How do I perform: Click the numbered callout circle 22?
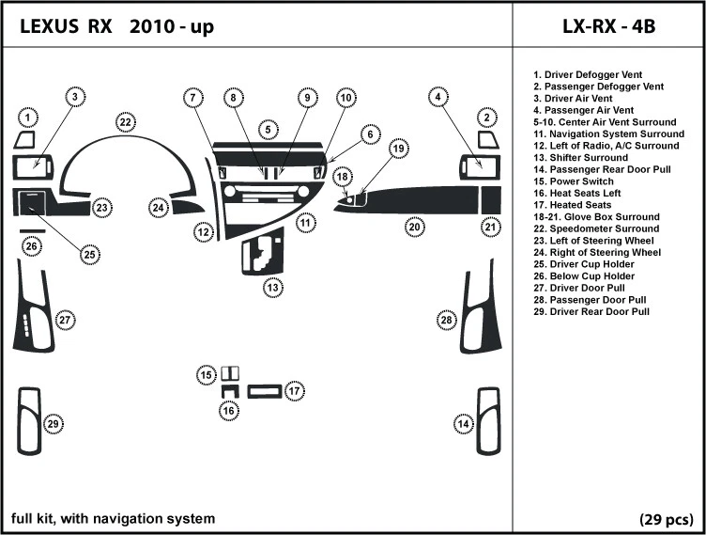point(125,122)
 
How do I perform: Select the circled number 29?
point(54,424)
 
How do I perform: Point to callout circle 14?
point(464,424)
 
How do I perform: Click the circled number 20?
point(414,226)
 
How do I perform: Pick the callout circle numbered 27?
point(64,321)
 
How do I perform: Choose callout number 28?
point(446,321)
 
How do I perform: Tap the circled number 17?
point(294,390)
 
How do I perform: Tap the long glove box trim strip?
point(422,199)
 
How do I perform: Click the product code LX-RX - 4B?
point(607,26)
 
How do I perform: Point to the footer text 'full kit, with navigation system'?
point(113,518)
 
